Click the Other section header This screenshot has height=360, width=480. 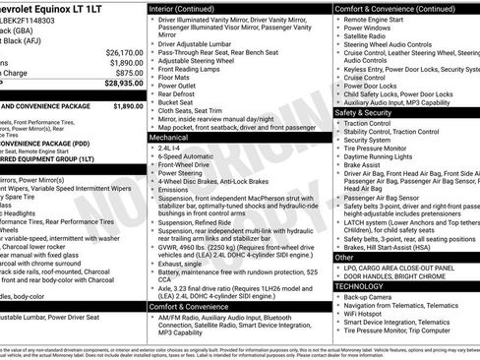pyautogui.click(x=344, y=257)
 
